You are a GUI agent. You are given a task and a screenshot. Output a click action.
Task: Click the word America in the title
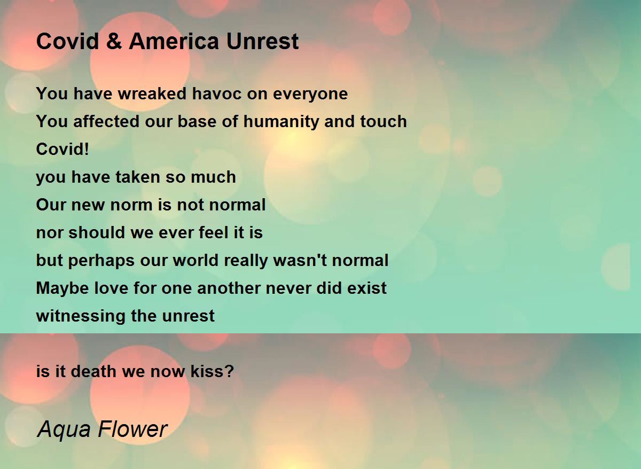[174, 41]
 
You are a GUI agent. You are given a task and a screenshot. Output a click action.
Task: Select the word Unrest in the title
[262, 41]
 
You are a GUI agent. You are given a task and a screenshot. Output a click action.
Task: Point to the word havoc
[217, 93]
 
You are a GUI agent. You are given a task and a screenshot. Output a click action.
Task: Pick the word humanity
[281, 121]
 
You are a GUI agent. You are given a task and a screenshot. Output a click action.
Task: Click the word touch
[384, 121]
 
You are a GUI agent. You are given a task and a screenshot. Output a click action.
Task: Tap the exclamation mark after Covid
[87, 149]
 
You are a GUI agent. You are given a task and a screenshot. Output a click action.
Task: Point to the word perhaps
[101, 260]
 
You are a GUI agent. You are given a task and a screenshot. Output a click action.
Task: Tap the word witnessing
[81, 316]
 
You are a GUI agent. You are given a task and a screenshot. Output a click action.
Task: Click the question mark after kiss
[229, 371]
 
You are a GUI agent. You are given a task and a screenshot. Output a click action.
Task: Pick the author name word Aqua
[64, 429]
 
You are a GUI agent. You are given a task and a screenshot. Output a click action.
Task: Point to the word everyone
[310, 93]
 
